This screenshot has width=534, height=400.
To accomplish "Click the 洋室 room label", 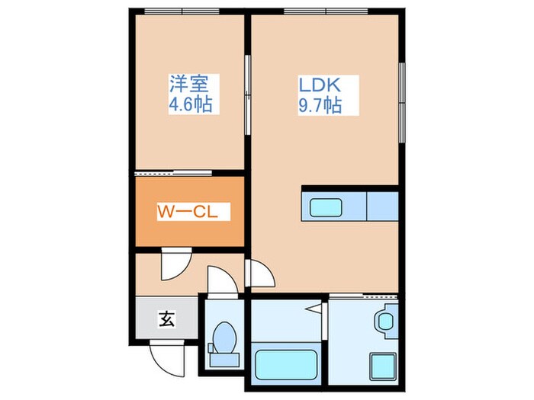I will [195, 82].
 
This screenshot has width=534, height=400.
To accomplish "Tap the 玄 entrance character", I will [166, 318].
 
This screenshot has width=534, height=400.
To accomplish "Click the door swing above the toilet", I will [222, 280].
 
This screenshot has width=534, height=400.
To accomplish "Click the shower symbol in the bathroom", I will [314, 309].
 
